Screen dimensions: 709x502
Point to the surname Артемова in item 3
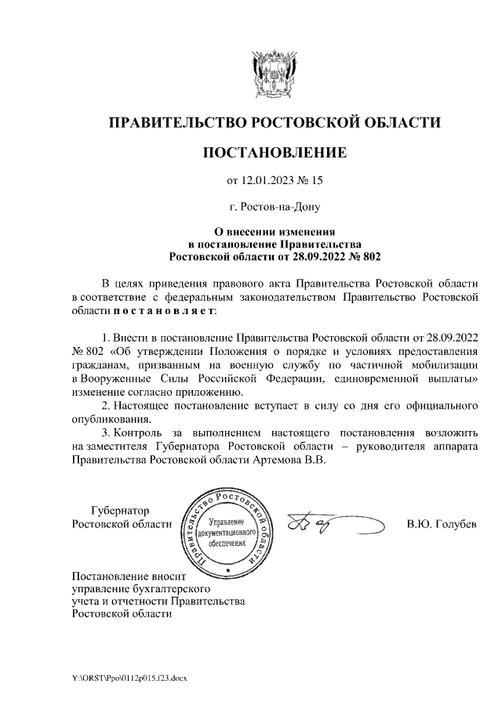click(x=278, y=461)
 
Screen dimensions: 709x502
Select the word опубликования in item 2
click(x=110, y=419)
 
